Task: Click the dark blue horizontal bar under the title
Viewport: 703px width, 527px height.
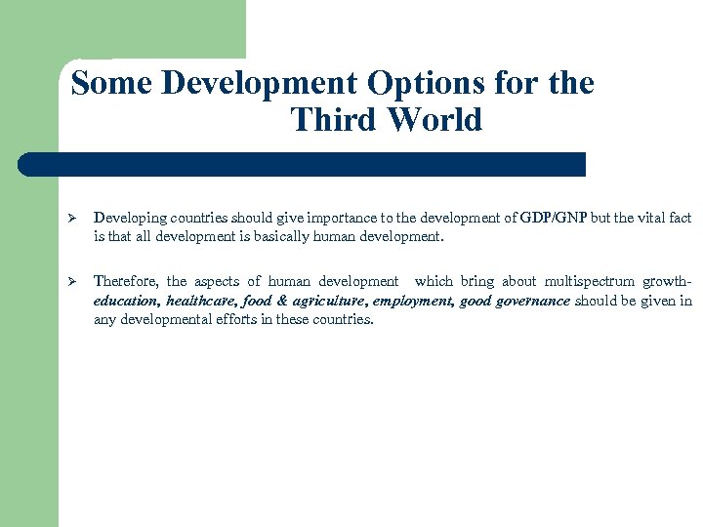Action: click(x=303, y=164)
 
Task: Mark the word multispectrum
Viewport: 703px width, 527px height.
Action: click(x=596, y=282)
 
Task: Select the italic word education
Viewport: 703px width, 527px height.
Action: click(x=126, y=301)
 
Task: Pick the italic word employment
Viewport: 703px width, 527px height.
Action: click(x=412, y=301)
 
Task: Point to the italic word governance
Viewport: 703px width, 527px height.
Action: click(x=533, y=301)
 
